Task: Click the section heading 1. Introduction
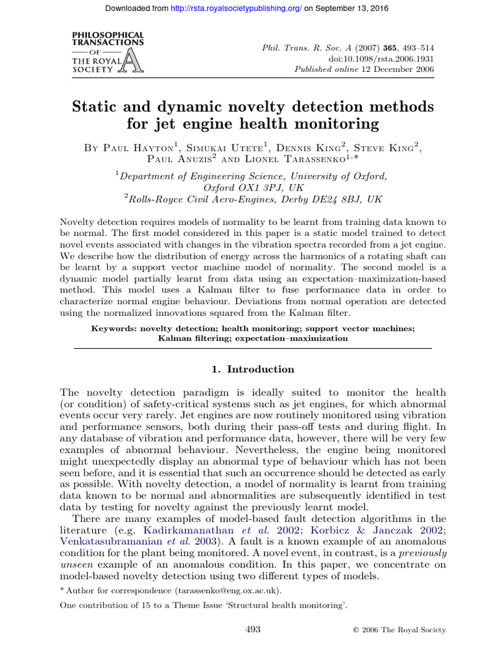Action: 253,370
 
